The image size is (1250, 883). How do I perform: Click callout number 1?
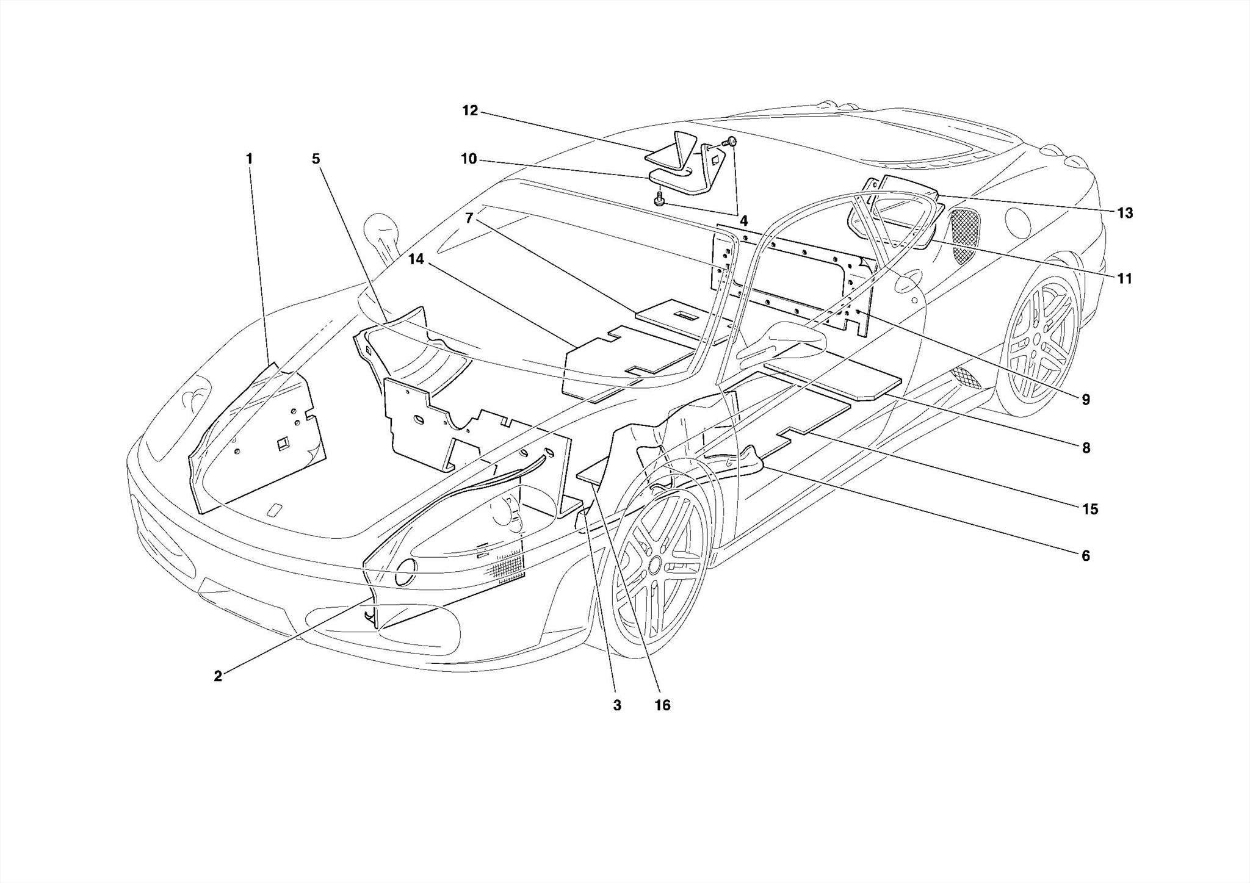[x=249, y=159]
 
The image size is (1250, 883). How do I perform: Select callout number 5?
[x=316, y=159]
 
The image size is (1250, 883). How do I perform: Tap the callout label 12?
[x=470, y=111]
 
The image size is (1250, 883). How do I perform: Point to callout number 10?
[x=469, y=159]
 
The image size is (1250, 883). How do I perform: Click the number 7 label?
[x=469, y=218]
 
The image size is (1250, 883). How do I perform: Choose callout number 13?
[x=1125, y=213]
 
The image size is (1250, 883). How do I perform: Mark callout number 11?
[x=1125, y=279]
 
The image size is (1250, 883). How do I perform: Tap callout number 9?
[x=1086, y=400]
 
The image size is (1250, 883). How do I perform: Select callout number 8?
[x=1086, y=448]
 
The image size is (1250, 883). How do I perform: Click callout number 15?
[x=1090, y=509]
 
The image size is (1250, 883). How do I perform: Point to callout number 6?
[x=1085, y=556]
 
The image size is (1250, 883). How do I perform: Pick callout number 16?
[x=662, y=705]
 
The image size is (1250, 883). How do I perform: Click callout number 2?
[x=218, y=676]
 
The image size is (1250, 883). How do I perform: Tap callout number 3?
[x=617, y=705]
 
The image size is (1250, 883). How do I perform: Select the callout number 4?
[x=743, y=221]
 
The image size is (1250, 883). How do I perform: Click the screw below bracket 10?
[x=660, y=200]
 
